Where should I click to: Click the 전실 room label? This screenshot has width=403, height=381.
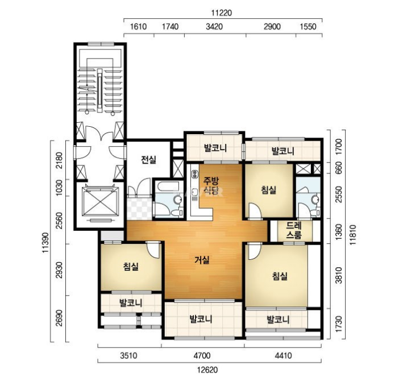tap(148, 160)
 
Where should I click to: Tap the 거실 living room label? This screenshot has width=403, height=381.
tap(202, 260)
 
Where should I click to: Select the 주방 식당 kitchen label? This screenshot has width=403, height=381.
tap(211, 185)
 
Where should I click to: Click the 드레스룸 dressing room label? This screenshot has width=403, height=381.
tap(294, 230)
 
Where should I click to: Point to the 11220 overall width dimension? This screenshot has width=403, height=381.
tap(222, 13)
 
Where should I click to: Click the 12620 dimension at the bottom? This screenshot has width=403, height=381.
tap(207, 370)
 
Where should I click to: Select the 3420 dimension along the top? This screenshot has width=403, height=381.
tap(214, 27)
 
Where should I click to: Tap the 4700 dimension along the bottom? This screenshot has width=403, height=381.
tap(202, 355)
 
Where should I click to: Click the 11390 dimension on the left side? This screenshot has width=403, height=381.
tap(45, 243)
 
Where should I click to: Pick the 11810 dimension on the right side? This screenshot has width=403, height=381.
tap(353, 235)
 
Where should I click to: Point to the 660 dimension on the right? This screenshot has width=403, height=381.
tap(339, 168)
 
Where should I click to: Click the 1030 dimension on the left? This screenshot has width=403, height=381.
tap(59, 188)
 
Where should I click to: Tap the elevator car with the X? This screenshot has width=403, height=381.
tap(100, 201)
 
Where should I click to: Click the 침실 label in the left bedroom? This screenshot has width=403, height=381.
tap(131, 267)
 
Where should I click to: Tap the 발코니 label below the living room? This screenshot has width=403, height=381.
tap(201, 319)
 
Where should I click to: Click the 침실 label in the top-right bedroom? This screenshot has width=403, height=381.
tap(269, 190)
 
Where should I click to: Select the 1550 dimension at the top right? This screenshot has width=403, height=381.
tap(308, 27)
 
